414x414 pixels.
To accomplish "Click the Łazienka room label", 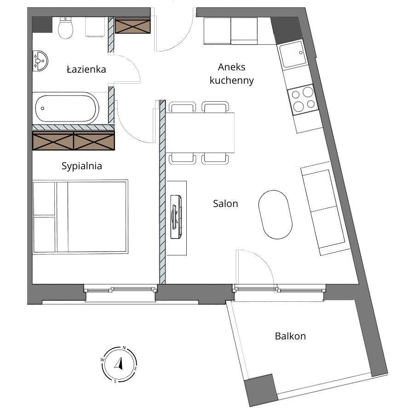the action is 86,69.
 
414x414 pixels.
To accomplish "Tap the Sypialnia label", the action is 81,166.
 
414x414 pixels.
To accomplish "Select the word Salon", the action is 225,204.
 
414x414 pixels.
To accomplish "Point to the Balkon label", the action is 290,336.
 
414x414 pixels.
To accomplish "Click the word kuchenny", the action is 231,80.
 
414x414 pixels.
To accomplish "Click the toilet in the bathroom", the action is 65,28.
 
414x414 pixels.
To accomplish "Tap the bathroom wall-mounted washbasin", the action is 40,61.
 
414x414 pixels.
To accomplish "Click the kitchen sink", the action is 293,54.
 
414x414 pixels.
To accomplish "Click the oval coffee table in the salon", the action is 275,214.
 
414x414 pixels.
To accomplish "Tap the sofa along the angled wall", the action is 326,208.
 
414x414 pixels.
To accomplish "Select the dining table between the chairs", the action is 200,133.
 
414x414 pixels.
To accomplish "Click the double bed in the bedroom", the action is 80,217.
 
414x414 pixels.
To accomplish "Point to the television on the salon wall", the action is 176,217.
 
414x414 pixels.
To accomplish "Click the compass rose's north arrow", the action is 119,363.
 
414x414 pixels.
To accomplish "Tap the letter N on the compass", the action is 124,348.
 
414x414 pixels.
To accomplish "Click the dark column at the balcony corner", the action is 261,390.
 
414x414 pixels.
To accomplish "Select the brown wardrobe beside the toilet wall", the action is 132,25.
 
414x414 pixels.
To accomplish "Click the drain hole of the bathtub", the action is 42,108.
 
